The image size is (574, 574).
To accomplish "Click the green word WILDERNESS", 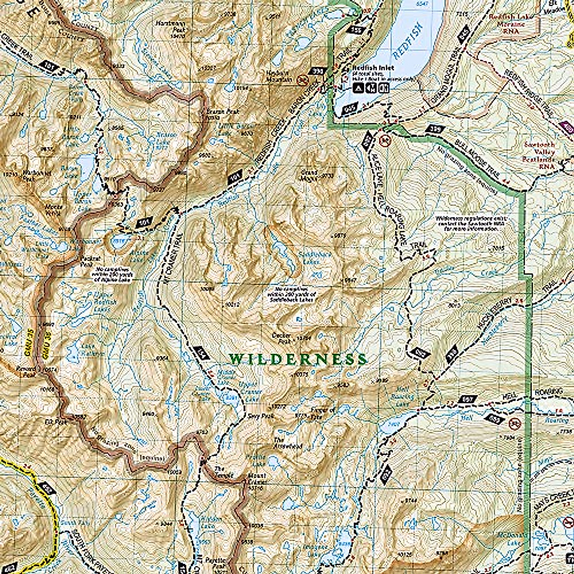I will pos(298,359).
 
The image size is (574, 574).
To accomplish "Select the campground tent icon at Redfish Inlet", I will pos(359,88).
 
